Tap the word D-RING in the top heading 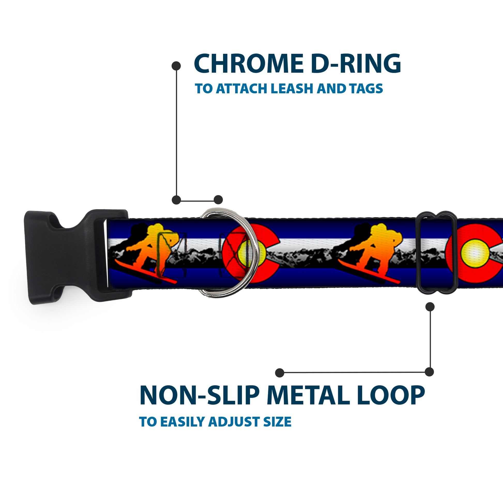point(356,64)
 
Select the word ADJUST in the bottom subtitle point(235,422)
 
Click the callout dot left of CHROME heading point(176,66)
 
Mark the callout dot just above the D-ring point(218,200)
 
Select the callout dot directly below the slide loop point(430,307)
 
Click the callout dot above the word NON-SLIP point(280,372)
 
